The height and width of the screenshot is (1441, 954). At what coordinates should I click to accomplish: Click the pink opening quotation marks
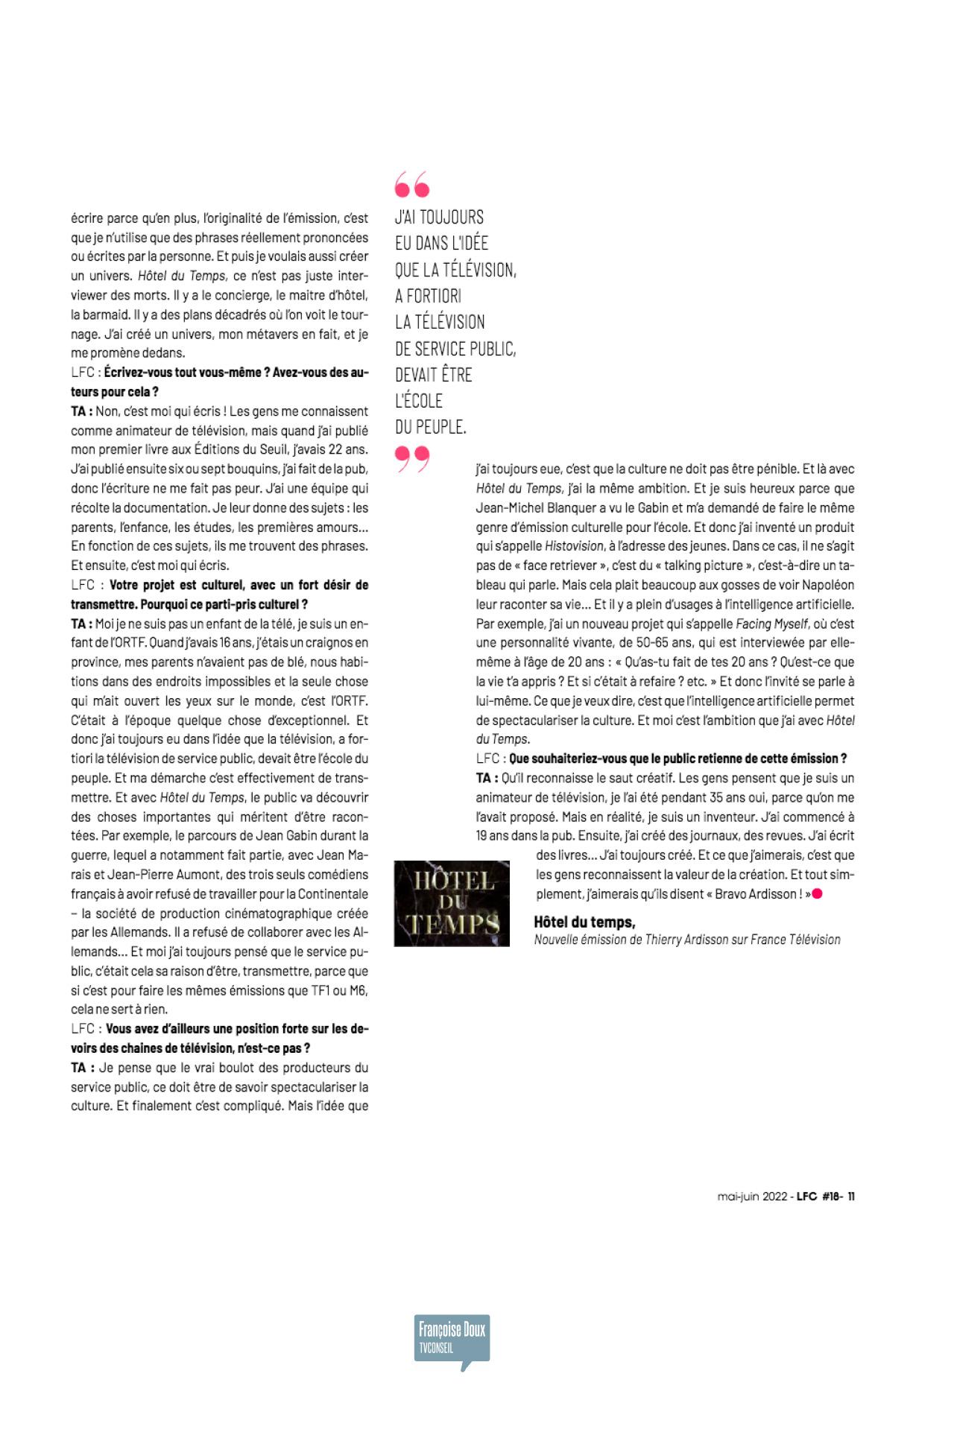[x=412, y=183]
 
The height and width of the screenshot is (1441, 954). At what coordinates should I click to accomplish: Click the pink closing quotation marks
[x=412, y=457]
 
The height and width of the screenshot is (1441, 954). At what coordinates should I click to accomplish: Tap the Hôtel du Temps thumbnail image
[x=452, y=903]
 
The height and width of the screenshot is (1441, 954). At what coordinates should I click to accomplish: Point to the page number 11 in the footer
[x=851, y=1197]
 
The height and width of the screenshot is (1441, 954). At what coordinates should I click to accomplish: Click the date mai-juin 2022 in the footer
[x=751, y=1197]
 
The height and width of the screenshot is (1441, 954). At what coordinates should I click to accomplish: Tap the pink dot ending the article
[x=818, y=893]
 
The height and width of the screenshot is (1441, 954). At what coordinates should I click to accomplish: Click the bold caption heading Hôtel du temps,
[x=584, y=922]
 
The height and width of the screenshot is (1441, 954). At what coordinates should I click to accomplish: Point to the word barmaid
[x=95, y=315]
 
